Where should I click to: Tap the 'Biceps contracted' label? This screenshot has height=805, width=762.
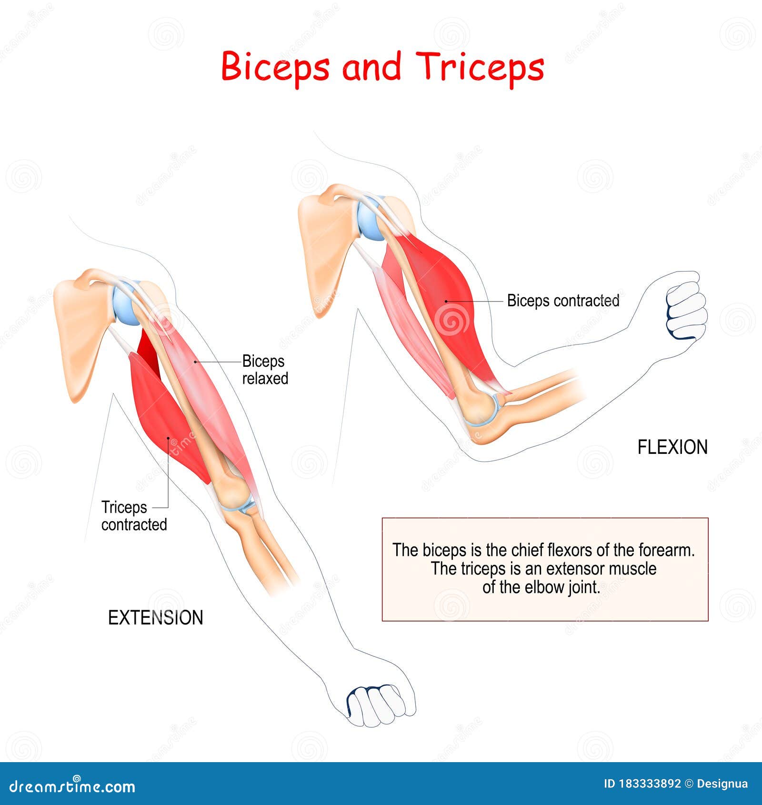563,301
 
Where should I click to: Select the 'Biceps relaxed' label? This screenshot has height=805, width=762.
265,370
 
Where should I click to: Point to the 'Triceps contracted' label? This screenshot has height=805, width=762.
134,516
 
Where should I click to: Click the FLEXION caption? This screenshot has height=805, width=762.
672,447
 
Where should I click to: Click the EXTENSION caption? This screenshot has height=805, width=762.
156,618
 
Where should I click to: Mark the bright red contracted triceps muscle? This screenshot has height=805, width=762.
167,414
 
